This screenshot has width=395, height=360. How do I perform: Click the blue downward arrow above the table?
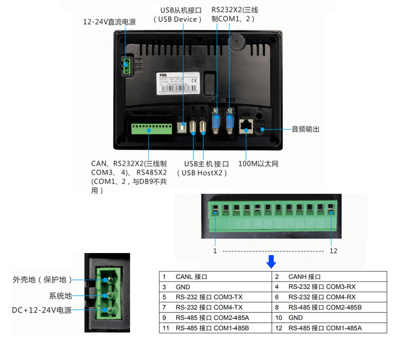(271, 261)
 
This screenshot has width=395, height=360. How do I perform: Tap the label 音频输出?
(305, 129)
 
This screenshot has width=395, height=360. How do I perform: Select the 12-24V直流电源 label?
(110, 22)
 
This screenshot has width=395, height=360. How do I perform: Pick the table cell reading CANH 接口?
(305, 277)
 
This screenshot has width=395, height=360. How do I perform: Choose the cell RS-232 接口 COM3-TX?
(209, 297)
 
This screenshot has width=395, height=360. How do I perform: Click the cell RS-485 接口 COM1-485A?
(325, 328)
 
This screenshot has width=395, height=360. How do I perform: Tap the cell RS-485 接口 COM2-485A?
(209, 318)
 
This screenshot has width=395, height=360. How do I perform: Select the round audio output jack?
(261, 129)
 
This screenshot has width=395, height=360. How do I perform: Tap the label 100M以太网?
(258, 163)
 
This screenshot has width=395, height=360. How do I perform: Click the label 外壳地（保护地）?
(42, 279)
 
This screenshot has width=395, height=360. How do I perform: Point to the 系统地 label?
(60, 296)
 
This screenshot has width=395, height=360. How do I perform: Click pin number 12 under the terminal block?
(333, 251)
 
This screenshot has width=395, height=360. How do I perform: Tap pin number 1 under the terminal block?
(215, 251)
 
